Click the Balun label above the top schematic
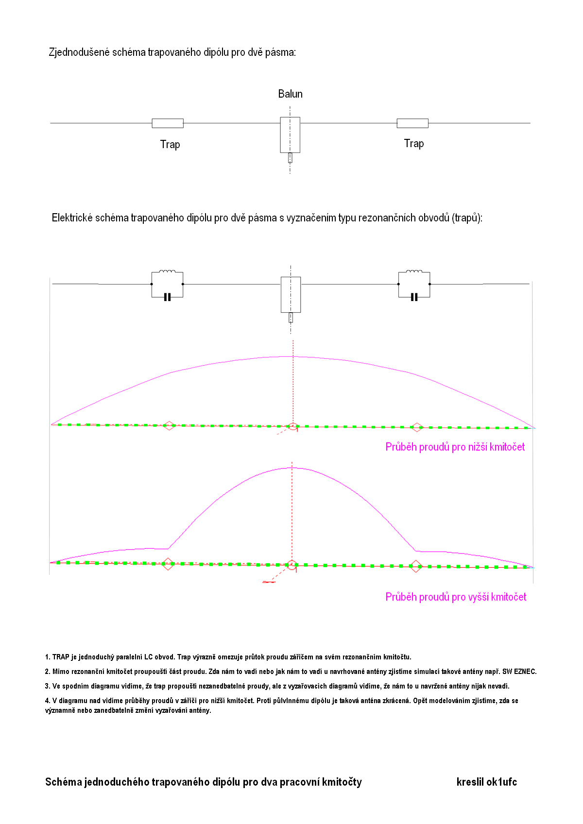(x=290, y=94)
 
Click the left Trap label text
(x=170, y=144)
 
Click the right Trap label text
(x=414, y=143)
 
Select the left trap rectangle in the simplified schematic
(x=168, y=123)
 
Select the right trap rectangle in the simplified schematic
(x=412, y=123)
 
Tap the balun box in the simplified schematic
(x=290, y=135)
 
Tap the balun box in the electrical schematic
(x=291, y=294)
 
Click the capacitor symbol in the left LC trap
(x=168, y=297)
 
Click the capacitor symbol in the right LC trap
(x=414, y=297)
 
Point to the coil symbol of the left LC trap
(x=168, y=272)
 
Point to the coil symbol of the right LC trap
(x=414, y=272)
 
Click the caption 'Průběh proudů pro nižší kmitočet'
(x=455, y=447)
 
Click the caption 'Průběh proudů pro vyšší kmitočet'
(x=456, y=597)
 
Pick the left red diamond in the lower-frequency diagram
(x=169, y=426)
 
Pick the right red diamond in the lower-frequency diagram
(x=417, y=427)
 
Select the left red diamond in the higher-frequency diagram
(x=168, y=564)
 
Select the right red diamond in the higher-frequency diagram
(x=416, y=566)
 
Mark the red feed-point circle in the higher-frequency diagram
(x=291, y=565)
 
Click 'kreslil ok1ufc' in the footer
(x=486, y=782)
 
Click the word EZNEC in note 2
(x=525, y=672)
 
